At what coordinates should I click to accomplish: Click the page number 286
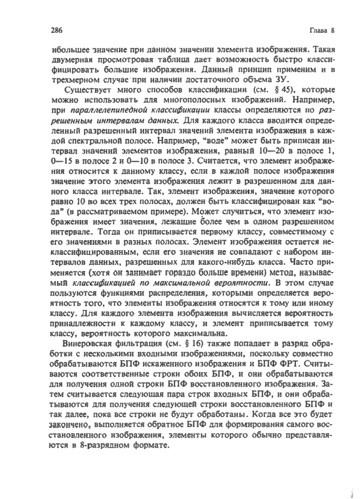coord(55,29)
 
